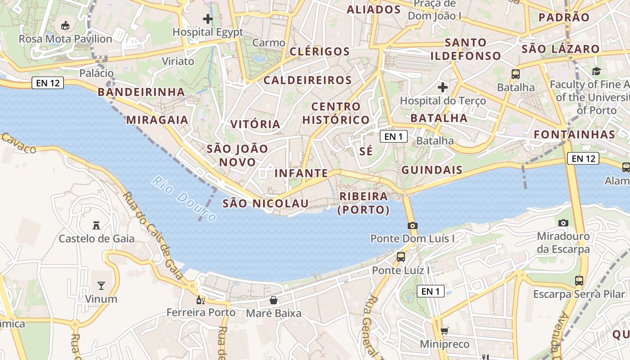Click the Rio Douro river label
184,198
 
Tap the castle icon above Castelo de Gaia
96,225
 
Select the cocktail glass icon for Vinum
101,285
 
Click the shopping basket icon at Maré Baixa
273,300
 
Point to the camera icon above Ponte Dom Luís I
412,225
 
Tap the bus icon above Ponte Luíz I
400,257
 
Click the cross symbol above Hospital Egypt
207,19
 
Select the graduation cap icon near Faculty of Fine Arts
596,71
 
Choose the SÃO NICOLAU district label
265,203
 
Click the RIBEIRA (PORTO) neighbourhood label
364,203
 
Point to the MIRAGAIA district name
157,120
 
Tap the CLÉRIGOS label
319,51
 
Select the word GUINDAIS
432,170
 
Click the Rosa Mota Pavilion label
65,39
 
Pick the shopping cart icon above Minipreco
444,331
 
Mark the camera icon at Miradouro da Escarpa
563,223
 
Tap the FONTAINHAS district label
574,135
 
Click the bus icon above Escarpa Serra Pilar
579,281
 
